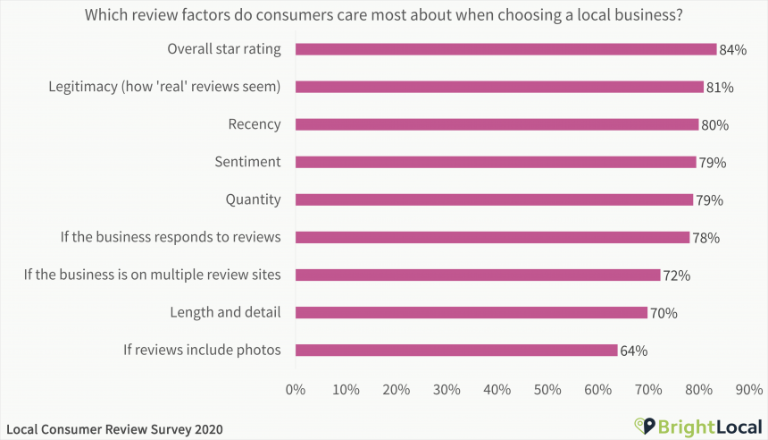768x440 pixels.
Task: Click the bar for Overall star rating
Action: pos(505,49)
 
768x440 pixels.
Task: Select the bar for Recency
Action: pos(497,124)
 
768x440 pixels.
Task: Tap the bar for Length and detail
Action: pos(471,312)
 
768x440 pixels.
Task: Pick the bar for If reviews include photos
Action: pos(456,350)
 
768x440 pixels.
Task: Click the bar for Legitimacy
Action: pos(499,87)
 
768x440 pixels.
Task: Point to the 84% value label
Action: pos(732,50)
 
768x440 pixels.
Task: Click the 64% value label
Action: pos(633,351)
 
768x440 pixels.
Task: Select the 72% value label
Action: pos(676,275)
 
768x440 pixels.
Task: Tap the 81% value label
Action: pos(719,88)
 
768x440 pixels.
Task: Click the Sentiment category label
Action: pos(247,162)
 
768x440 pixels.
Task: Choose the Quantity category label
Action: pos(253,199)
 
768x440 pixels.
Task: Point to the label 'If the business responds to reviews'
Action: pos(171,237)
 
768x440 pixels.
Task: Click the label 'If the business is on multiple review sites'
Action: pos(152,275)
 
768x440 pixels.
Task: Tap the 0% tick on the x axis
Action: pos(295,389)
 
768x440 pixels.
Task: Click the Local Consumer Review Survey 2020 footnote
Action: pos(113,429)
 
